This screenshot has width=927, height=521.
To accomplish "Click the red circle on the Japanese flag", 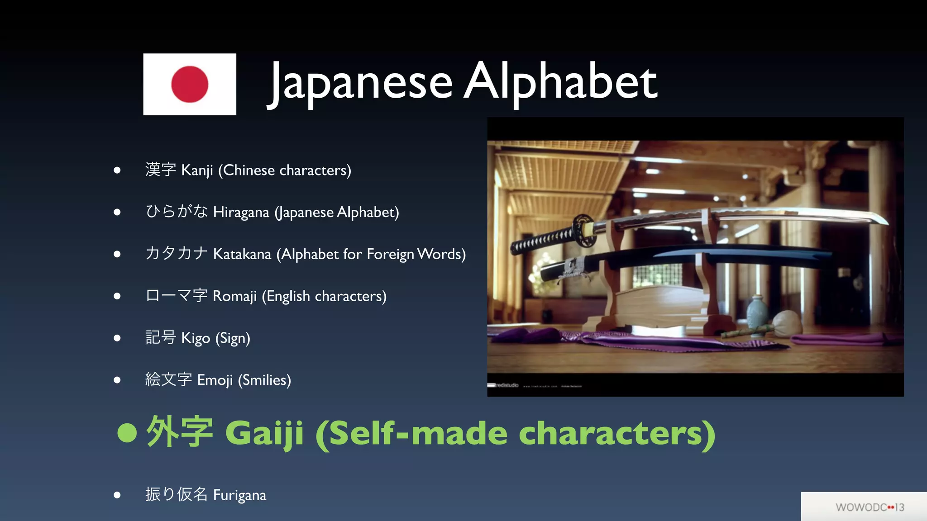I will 190,84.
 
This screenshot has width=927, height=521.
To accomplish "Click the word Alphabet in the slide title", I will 560,82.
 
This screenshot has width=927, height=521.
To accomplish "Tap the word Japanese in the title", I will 361,82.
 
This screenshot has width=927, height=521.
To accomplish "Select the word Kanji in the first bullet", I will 197,171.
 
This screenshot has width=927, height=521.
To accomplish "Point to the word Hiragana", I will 241,212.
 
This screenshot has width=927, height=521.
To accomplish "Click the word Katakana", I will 242,254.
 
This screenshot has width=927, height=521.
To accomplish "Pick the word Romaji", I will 234,296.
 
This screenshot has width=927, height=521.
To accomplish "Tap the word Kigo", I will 196,338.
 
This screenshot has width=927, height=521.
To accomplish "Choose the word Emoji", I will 215,380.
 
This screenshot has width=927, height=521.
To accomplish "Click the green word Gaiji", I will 264,433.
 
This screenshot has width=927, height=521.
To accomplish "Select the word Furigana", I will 239,495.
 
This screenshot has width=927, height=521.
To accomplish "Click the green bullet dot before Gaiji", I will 127,433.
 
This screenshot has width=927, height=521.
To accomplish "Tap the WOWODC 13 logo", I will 870,507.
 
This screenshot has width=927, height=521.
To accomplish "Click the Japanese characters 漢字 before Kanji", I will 161,170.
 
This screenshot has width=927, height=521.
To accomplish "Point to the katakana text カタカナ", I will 177,253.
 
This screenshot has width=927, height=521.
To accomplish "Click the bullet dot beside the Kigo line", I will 117,338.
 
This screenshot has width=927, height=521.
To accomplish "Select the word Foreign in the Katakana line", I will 390,254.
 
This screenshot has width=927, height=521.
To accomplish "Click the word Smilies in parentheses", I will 264,380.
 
